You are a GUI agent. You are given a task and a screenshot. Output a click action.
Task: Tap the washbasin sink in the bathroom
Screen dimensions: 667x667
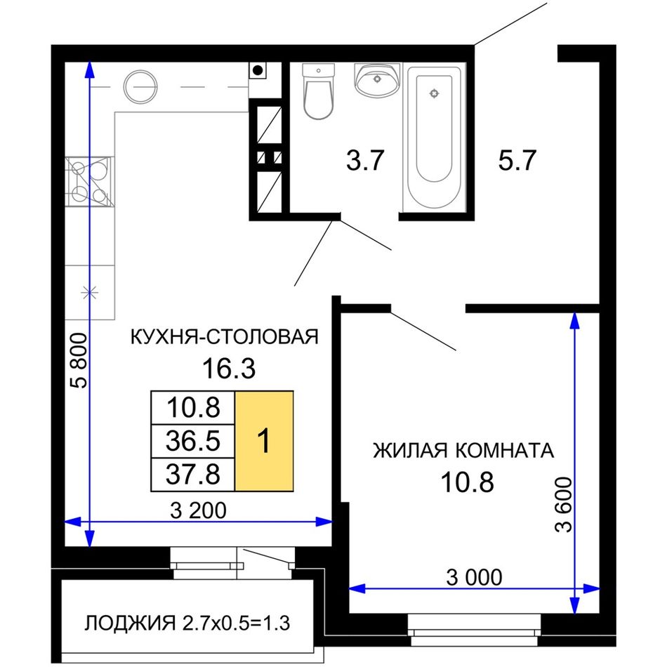[x=377, y=80]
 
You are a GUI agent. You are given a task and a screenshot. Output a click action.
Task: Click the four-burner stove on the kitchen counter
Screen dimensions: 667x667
[x=90, y=182]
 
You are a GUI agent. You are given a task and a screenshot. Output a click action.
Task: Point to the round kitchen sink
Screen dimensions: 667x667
[x=140, y=86]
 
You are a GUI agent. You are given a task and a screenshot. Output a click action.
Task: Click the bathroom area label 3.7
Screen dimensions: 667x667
[x=365, y=160]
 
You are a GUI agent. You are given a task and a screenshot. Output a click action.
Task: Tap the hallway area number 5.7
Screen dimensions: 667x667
[x=517, y=160]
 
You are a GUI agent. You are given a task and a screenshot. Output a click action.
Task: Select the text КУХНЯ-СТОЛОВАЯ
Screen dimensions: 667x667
[x=224, y=337]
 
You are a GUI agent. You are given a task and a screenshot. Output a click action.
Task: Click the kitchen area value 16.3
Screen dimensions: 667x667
[x=229, y=369]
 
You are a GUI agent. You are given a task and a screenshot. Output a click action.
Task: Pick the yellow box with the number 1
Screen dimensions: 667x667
[x=264, y=441]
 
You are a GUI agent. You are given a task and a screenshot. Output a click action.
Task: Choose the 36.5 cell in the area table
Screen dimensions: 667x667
[x=193, y=441]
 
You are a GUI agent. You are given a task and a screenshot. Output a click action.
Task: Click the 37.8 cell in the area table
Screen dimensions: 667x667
[x=193, y=475]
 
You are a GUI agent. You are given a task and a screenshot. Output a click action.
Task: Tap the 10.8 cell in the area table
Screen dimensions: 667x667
[x=193, y=407]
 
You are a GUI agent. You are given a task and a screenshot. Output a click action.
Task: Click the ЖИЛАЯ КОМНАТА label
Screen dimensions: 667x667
[x=463, y=451]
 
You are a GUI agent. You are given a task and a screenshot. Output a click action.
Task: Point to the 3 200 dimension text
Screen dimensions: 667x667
[x=198, y=510]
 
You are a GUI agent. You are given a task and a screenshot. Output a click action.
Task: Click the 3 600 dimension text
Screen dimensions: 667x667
[x=564, y=505]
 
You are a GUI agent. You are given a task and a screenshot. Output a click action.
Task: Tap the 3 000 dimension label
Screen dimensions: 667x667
[x=475, y=578]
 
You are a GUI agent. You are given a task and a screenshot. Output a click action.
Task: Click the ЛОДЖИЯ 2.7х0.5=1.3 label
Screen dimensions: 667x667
[x=187, y=623]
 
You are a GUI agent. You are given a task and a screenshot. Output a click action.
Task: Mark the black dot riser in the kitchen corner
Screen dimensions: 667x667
[x=258, y=70]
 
